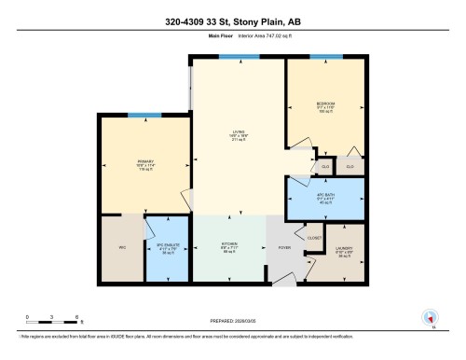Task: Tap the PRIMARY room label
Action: click(144, 161)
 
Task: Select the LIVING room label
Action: click(239, 133)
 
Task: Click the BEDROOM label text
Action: click(325, 104)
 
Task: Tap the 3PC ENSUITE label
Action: click(166, 247)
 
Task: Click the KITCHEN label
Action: click(228, 245)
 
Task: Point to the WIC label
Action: click(120, 247)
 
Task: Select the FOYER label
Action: click(284, 247)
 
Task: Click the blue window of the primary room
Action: click(140, 115)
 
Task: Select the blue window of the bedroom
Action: click(325, 56)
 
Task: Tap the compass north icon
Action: click(430, 317)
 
